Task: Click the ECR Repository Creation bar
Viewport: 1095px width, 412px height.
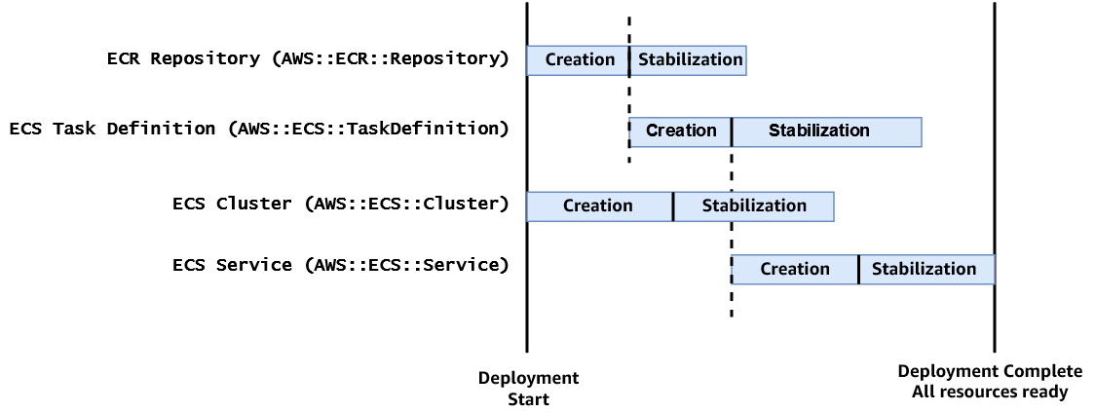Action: [578, 59]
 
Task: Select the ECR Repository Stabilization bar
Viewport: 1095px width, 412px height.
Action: [689, 59]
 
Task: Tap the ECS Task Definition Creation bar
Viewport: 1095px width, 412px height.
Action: [680, 131]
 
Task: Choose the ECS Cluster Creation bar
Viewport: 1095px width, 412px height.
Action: [598, 206]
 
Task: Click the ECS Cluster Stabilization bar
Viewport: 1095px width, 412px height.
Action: [754, 206]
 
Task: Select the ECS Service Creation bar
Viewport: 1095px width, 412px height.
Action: [794, 269]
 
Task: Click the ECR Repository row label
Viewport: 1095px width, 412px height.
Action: [308, 58]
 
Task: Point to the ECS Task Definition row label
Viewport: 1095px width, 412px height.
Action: [259, 129]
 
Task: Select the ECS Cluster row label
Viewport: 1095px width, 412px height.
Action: [341, 204]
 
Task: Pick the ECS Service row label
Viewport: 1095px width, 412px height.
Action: [341, 265]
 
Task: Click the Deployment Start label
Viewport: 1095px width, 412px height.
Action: [528, 388]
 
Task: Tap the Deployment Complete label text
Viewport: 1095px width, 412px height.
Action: [990, 371]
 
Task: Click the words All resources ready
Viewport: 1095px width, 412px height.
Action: [990, 392]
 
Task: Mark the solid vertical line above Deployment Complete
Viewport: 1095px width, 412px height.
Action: [995, 321]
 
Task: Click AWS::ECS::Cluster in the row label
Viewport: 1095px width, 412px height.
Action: [407, 204]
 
